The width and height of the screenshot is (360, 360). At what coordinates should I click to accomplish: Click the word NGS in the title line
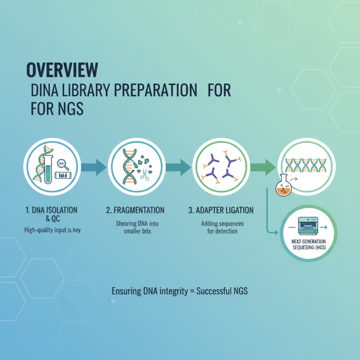70,109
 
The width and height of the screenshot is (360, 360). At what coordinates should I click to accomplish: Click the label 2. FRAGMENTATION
135,210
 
